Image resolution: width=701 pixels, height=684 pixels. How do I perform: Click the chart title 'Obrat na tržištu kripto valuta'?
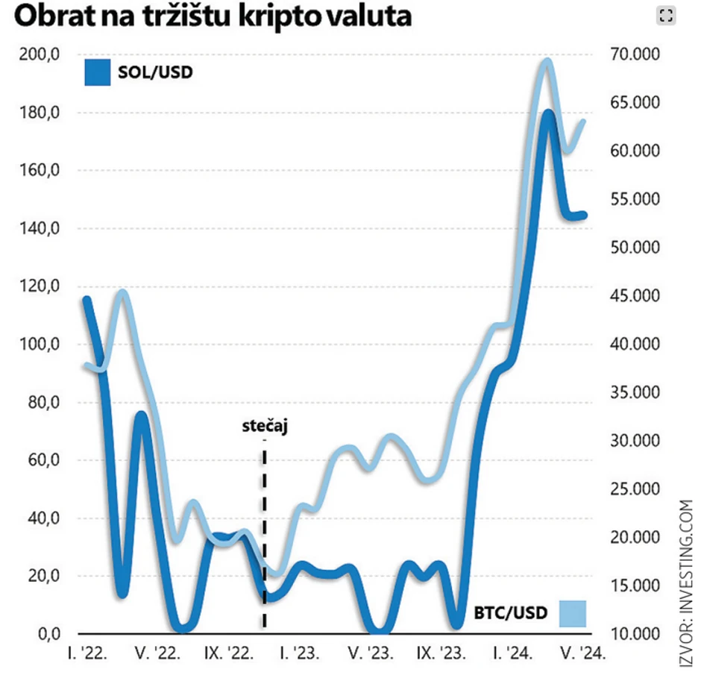pos(213,16)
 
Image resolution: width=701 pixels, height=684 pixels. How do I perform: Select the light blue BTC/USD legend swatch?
pos(571,613)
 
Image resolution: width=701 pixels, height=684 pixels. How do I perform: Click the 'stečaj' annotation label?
pos(265,427)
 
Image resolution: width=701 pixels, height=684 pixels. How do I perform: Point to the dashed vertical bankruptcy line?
pos(265,537)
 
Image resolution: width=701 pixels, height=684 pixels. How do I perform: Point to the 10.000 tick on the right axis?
pos(629,634)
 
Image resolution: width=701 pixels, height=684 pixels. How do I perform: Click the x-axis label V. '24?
pos(581,655)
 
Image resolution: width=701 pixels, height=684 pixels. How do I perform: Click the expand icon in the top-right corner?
pos(665,16)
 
